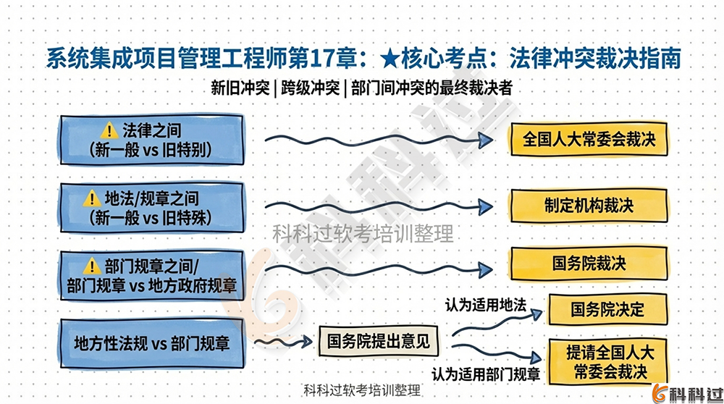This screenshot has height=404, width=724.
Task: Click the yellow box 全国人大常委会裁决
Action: (589, 139)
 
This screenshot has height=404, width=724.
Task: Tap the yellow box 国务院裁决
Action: (589, 263)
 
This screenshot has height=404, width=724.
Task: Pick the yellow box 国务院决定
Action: (607, 309)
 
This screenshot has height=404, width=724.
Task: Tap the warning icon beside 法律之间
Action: (109, 130)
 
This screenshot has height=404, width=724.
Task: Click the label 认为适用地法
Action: (485, 305)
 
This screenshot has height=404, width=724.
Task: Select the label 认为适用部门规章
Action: (486, 374)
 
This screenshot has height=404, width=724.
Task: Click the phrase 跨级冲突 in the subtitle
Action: (311, 89)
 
